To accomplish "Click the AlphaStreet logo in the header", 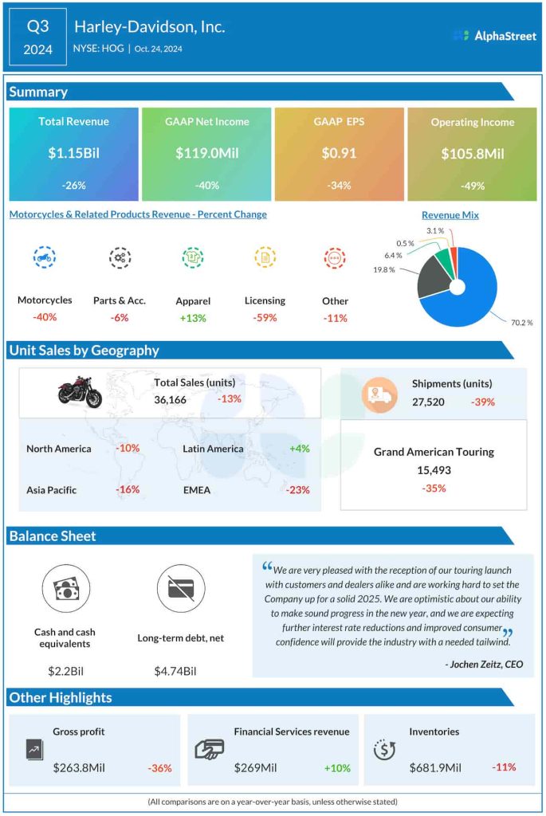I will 493,35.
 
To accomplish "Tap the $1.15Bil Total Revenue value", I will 73,153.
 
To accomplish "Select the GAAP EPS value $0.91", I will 339,153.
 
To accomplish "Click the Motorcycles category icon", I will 44,257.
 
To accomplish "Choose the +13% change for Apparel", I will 192,318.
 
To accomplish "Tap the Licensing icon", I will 265,257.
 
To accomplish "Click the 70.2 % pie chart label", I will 521,323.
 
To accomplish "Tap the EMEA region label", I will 197,490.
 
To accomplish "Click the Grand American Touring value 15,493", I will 434,470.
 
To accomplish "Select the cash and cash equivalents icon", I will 65,589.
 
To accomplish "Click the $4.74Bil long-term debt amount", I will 175,671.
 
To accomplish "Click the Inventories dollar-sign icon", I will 385,750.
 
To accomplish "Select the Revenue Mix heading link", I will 450,214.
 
